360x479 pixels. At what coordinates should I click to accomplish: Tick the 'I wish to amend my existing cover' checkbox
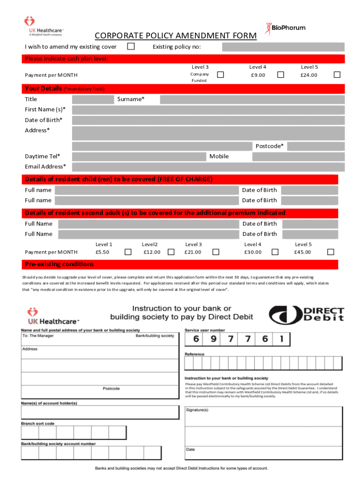tap(131, 46)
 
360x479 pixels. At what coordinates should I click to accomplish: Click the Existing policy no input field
tap(283, 47)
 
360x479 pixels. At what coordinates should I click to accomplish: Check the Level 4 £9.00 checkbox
tap(281, 75)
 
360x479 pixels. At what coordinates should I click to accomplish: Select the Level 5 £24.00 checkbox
tap(337, 75)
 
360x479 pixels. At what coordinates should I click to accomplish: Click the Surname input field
tap(252, 99)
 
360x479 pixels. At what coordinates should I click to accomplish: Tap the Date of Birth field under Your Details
tap(208, 120)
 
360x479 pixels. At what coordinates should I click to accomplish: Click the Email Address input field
tap(208, 167)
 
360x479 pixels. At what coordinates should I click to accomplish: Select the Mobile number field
tap(298, 156)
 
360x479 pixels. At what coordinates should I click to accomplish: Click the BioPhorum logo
tap(286, 28)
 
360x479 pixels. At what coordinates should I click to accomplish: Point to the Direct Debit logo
tap(306, 314)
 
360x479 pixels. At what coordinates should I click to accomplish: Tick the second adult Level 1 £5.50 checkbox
tap(128, 252)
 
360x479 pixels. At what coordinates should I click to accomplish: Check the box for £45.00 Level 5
tap(331, 252)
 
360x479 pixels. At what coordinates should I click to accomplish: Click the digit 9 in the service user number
tap(213, 339)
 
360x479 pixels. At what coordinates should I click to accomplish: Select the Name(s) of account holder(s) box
tap(100, 412)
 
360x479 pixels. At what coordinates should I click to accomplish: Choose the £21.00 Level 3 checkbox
tap(216, 252)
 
